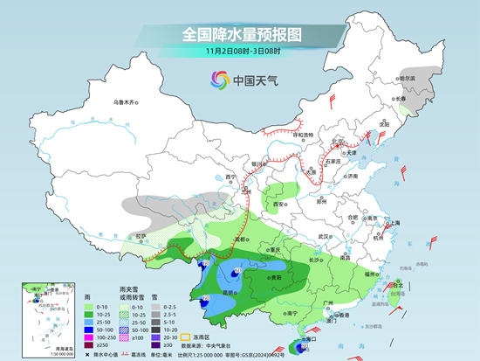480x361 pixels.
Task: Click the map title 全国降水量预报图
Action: (240, 34)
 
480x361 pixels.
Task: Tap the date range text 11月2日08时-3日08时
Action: (240, 52)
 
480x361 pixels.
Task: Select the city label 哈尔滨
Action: (407, 78)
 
